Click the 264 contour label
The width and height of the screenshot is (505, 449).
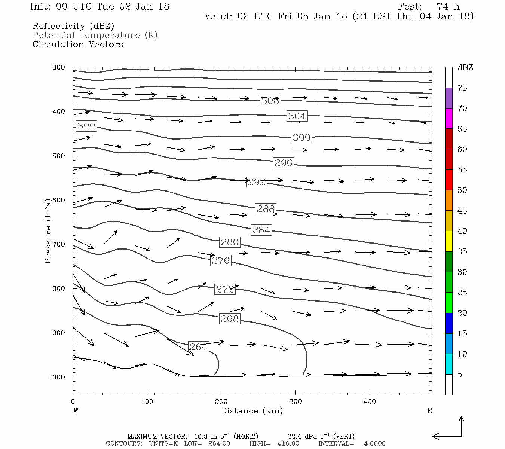point(198,347)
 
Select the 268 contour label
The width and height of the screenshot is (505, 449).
point(230,319)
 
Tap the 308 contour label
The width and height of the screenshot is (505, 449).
point(270,101)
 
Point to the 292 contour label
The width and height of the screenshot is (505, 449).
point(257,182)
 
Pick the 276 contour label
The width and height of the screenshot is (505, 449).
point(221,260)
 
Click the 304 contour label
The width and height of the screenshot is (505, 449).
point(297,116)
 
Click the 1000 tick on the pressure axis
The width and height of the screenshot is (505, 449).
point(57,377)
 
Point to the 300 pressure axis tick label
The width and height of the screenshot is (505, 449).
point(59,68)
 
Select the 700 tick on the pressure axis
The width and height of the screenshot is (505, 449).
point(59,244)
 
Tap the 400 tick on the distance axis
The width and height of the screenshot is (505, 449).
point(370,402)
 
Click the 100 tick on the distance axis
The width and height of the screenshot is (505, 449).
point(147,402)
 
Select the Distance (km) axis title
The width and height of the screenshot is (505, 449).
point(252,411)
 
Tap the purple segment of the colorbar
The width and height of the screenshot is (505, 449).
point(449,98)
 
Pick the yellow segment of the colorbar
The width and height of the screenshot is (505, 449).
point(449,241)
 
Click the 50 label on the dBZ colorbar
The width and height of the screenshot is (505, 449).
point(462,190)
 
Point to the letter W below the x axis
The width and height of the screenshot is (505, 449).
point(76,411)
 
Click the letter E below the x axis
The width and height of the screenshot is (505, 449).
point(429,411)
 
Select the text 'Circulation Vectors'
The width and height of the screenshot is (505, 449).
point(78,45)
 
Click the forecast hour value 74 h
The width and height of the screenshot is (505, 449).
point(448,7)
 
